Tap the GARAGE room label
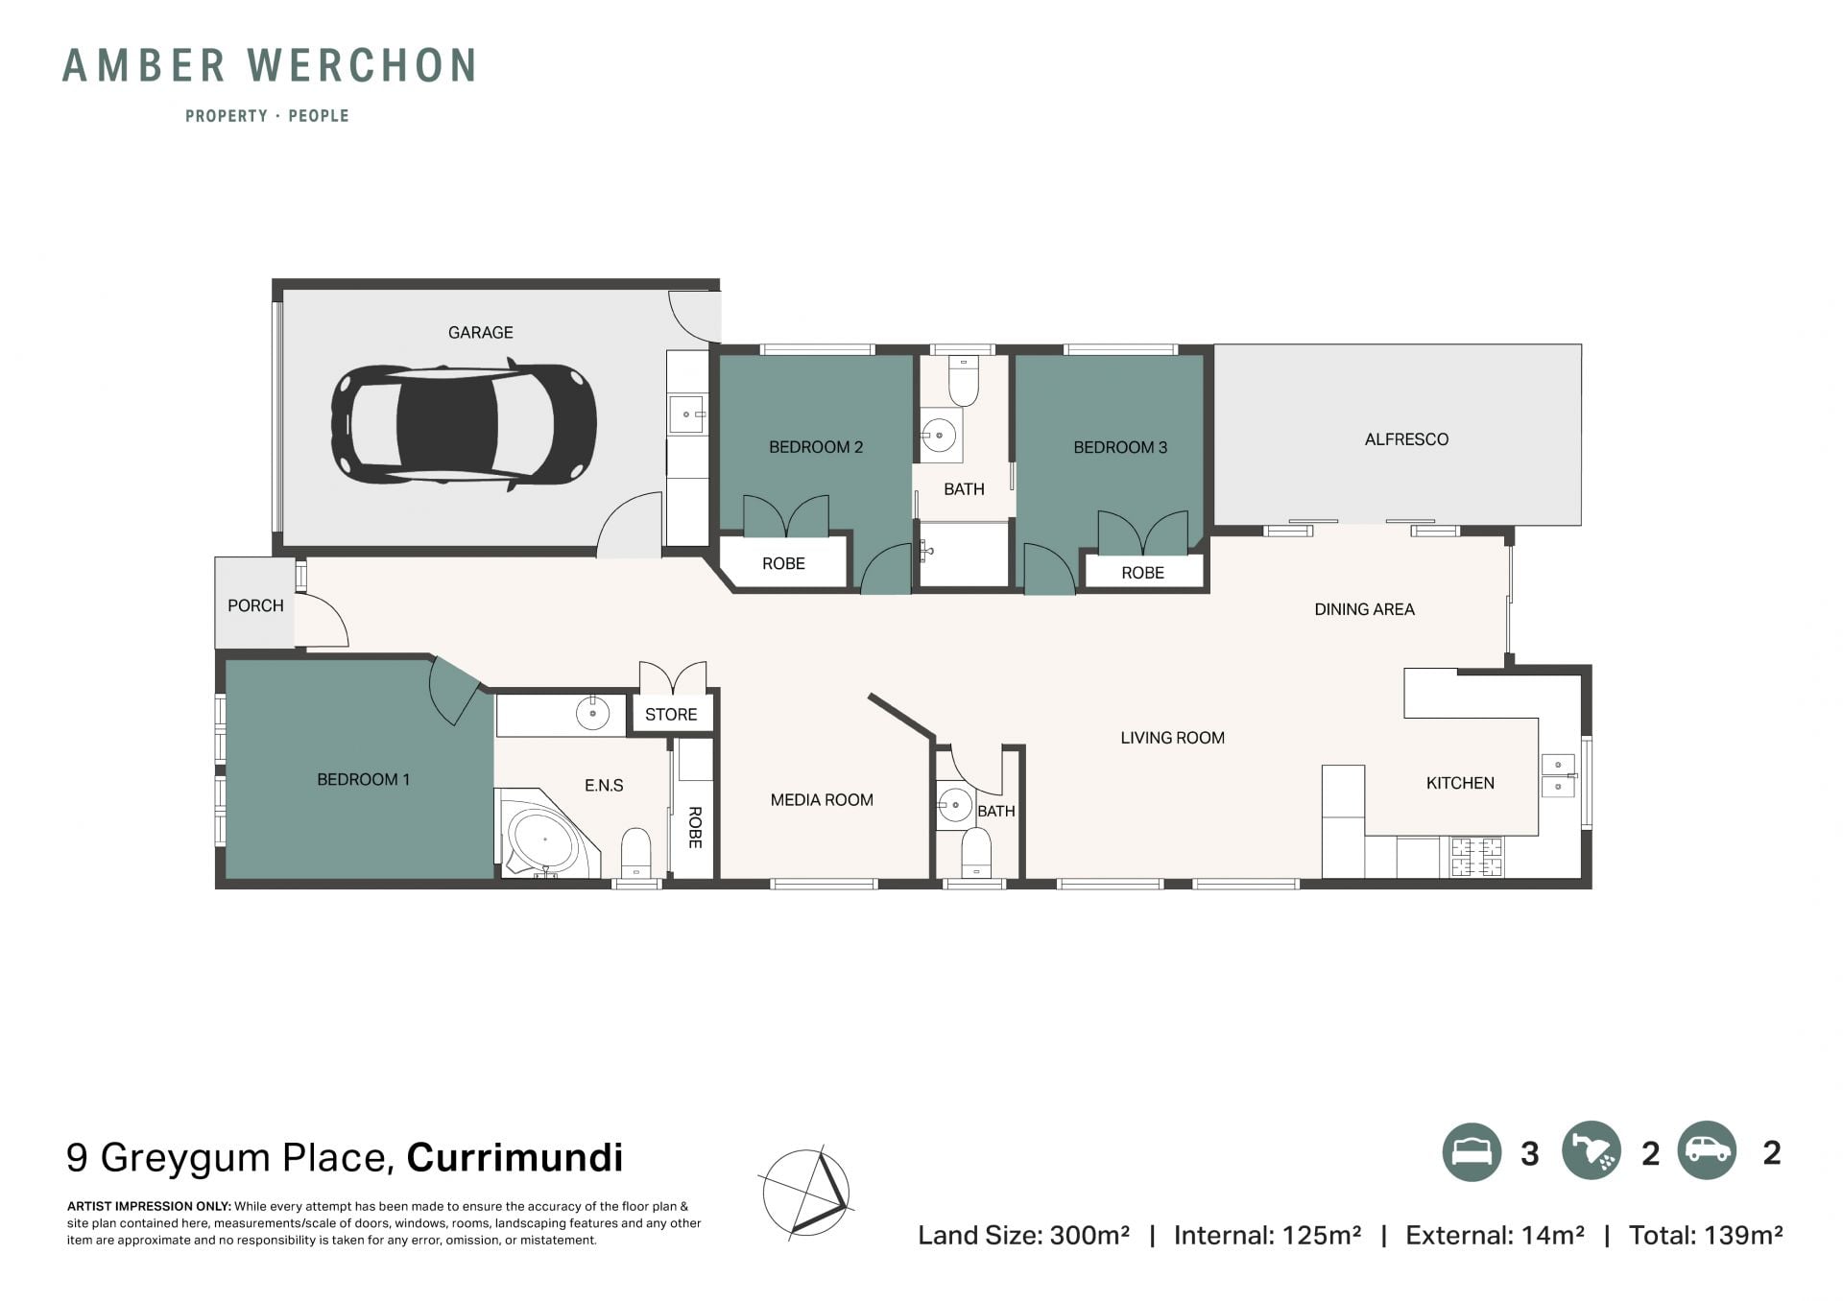click(480, 333)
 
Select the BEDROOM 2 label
click(816, 447)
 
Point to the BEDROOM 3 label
click(1120, 447)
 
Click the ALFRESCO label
click(1406, 439)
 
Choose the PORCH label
click(255, 605)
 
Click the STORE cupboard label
click(671, 715)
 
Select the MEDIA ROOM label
click(822, 800)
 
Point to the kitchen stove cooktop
click(1476, 857)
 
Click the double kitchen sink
click(1558, 776)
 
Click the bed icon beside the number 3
click(1472, 1151)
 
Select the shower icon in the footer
click(1592, 1151)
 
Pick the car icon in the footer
click(1707, 1151)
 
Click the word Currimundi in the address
click(515, 1157)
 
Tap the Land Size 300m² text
click(1023, 1235)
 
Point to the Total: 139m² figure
click(1706, 1235)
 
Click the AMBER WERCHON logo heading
click(269, 65)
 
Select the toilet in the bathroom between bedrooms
click(963, 382)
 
